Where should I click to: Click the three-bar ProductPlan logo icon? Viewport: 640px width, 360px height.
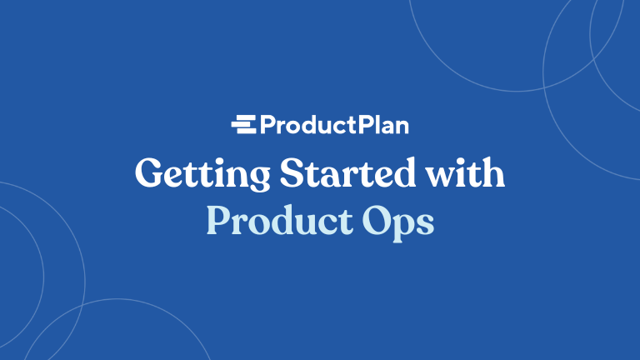[x=244, y=126]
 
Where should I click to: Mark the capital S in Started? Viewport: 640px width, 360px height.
[x=292, y=174]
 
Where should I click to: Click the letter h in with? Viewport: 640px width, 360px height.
[x=494, y=174]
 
